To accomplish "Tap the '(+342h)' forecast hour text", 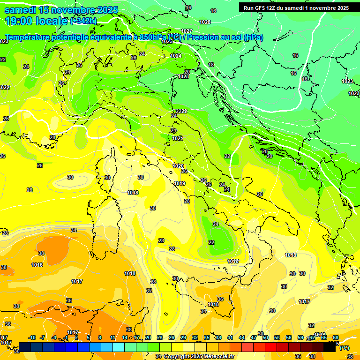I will click(83, 21).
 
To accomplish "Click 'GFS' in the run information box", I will click(260, 7).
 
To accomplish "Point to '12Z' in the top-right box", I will click(272, 7).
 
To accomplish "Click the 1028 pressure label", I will click(205, 22).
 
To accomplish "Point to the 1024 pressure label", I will click(176, 56).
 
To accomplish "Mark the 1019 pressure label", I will click(180, 183).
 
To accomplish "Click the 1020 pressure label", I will click(178, 166).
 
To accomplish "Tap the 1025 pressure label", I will click(167, 41).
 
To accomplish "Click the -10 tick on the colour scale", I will click(32, 337).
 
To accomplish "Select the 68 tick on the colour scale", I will click(336, 337).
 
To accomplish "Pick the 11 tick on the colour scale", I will click(112, 337).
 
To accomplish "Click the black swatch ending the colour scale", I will click(330, 347).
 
